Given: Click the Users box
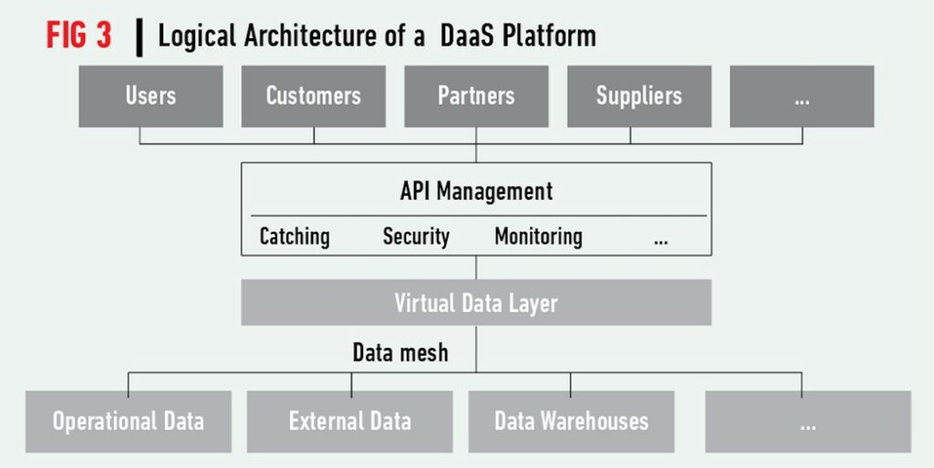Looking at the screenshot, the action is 150,97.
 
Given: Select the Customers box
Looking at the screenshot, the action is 314,97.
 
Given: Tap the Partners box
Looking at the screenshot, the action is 476,97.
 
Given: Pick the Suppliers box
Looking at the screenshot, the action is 639,97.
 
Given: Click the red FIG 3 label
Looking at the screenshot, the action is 79,36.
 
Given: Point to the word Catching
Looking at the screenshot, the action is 295,236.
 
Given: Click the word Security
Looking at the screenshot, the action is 416,236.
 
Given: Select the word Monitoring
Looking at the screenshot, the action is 538,236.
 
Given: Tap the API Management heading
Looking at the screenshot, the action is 476,192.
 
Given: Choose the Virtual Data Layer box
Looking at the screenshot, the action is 476,303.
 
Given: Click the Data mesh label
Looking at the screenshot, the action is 400,352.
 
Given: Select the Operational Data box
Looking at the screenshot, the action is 128,421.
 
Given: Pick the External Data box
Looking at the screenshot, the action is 349,421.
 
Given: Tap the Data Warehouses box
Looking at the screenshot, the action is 571,421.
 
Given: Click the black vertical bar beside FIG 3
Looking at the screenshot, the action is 140,37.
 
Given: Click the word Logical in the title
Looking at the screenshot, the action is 197,36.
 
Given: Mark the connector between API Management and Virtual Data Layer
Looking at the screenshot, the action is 476,268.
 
